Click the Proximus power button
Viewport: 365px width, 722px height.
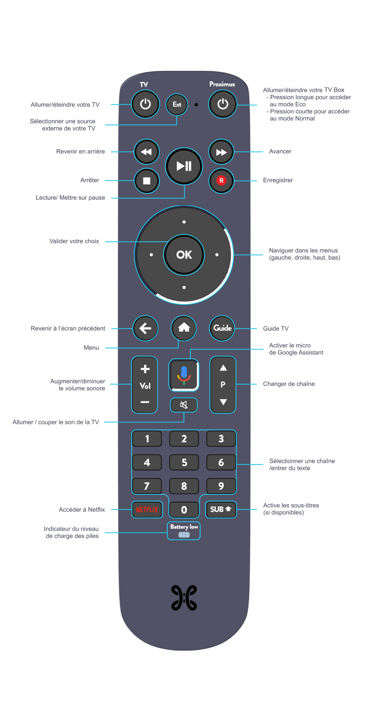[x=222, y=104]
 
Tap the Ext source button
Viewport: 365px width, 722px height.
[x=177, y=104]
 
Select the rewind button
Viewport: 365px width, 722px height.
[x=146, y=152]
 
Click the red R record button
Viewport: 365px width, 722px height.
[x=221, y=181]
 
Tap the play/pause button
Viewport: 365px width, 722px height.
[x=184, y=166]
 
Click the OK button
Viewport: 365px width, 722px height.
[x=184, y=255]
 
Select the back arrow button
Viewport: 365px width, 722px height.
[x=145, y=328]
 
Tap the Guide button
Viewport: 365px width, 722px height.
[x=222, y=328]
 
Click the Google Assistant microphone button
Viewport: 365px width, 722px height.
[x=184, y=375]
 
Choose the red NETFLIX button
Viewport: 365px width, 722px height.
[x=147, y=509]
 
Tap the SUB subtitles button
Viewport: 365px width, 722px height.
[x=221, y=509]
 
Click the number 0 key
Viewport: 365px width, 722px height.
[x=184, y=510]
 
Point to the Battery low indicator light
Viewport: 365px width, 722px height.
[x=184, y=535]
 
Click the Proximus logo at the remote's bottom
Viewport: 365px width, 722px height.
[x=184, y=598]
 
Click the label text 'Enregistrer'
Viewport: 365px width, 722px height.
[x=278, y=180]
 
